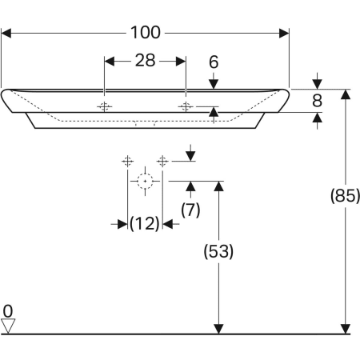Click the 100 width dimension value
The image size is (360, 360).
click(x=146, y=33)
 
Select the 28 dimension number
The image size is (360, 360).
click(x=146, y=61)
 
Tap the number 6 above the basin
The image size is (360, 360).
click(x=214, y=62)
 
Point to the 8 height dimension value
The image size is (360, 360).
click(x=317, y=101)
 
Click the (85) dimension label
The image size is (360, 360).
click(x=345, y=195)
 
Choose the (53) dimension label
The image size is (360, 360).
click(x=218, y=251)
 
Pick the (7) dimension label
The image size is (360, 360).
click(x=190, y=210)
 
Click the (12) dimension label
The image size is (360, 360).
click(x=145, y=223)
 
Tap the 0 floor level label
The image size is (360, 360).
click(x=8, y=311)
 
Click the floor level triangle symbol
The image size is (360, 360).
click(x=8, y=326)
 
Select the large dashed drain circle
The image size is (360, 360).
click(x=145, y=181)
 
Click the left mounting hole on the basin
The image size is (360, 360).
click(x=104, y=106)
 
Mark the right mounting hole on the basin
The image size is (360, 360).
click(x=186, y=106)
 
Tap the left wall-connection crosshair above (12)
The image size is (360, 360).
click(x=128, y=161)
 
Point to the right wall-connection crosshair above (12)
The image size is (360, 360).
click(x=162, y=161)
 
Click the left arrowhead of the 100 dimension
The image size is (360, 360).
click(x=6, y=34)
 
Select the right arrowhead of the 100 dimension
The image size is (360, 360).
click(x=284, y=34)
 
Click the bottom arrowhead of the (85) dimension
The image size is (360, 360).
click(x=346, y=329)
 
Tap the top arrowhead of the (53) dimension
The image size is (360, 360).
click(x=218, y=186)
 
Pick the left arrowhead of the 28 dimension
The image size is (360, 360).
click(x=110, y=62)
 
